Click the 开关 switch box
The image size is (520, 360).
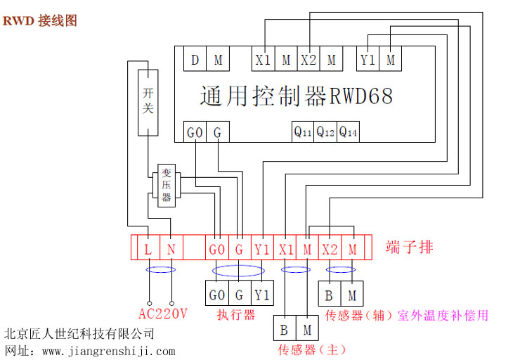pyautogui.click(x=148, y=102)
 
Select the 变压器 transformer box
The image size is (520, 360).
pyautogui.click(x=167, y=186)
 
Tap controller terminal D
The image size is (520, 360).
pyautogui.click(x=195, y=60)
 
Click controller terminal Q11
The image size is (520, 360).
pyautogui.click(x=303, y=131)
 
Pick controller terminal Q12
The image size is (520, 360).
pyautogui.click(x=325, y=131)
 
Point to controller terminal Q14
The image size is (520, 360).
pyautogui.click(x=348, y=131)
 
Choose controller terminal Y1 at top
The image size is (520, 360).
pyautogui.click(x=368, y=60)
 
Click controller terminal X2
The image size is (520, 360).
pyautogui.click(x=308, y=60)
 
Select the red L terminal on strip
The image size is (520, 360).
pyautogui.click(x=148, y=249)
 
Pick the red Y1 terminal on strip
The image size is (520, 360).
pyautogui.click(x=262, y=249)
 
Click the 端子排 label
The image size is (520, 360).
pyautogui.click(x=409, y=247)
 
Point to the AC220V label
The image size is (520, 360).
pyautogui.click(x=162, y=314)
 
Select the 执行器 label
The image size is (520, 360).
pyautogui.click(x=235, y=315)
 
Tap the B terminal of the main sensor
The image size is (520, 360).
pyautogui.click(x=285, y=328)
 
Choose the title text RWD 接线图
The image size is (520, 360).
pyautogui.click(x=39, y=20)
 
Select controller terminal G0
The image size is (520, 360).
pyautogui.click(x=195, y=131)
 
